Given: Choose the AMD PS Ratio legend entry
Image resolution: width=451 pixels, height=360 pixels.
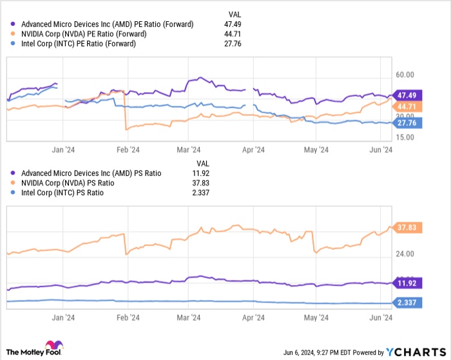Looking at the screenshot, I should click(101, 173).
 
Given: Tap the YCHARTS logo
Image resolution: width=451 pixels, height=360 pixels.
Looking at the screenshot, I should click(416, 352).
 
